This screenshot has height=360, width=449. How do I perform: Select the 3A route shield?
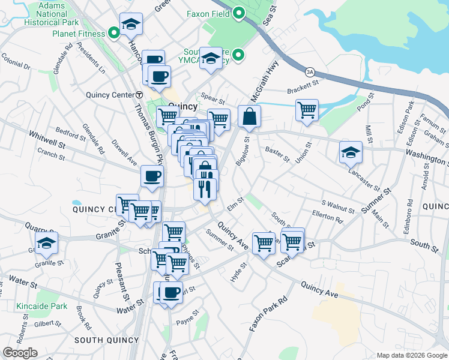310,71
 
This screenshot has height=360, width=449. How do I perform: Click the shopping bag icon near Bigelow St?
249,116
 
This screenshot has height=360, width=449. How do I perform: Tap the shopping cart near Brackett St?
307,110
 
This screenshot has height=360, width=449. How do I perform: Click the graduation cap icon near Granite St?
46,243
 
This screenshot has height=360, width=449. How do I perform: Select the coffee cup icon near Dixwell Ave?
152,176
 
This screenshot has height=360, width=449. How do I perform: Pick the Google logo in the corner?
20,353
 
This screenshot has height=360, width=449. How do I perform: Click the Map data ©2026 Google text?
412,355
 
